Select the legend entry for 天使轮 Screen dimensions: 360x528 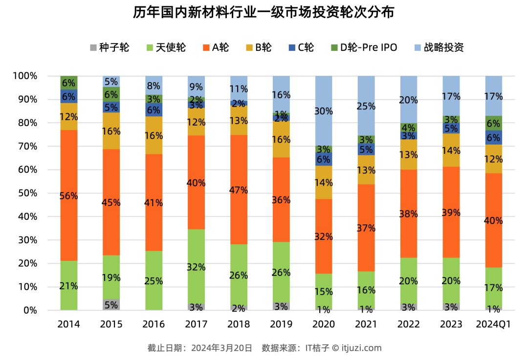pos(166,47)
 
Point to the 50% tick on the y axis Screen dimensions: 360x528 pos(25,193)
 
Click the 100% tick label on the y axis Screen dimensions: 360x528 pos(24,76)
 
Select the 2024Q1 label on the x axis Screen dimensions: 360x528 pos(493,324)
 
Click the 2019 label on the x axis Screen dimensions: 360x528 pos(281,324)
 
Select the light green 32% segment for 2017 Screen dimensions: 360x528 pos(196,266)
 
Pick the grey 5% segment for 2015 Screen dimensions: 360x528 pos(111,305)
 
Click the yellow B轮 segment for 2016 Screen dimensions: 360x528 pos(154,135)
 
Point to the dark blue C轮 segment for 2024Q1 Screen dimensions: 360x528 pos(493,137)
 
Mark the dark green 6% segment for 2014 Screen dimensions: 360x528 pos(69,83)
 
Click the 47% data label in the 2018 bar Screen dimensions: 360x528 pos(239,191)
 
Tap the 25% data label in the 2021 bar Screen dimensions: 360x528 pos(366,106)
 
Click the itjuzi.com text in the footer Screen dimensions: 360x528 pos(361,348)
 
